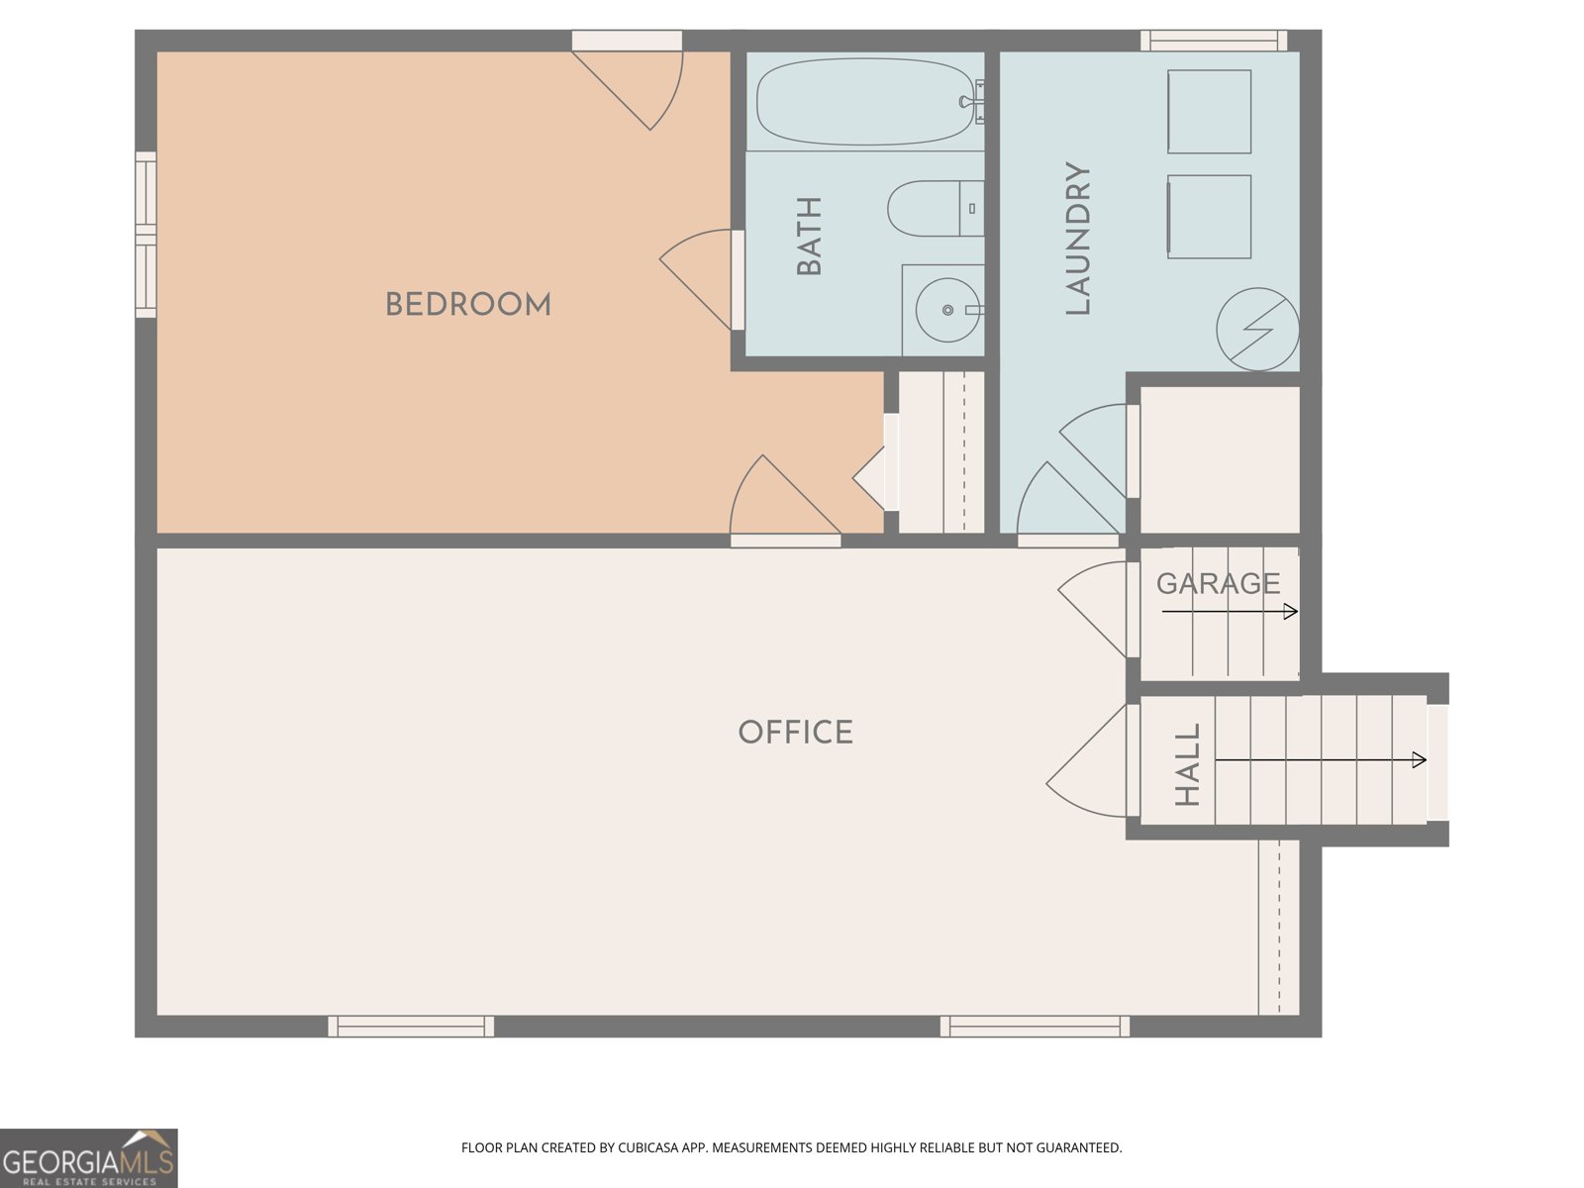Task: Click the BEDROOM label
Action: point(467,304)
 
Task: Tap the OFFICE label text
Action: point(795,733)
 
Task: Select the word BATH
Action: point(809,236)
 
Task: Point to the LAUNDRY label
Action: point(1077,238)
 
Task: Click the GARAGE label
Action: point(1218,583)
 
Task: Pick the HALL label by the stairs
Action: point(1187,764)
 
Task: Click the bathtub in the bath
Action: point(866,102)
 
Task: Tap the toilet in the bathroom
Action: point(936,209)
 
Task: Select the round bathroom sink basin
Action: point(947,310)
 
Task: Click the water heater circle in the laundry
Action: point(1258,330)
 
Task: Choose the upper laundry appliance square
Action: point(1210,111)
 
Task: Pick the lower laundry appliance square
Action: point(1210,217)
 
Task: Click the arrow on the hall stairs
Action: point(1321,759)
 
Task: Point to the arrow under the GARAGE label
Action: point(1230,612)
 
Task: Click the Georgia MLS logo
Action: point(89,1158)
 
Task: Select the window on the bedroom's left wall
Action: point(146,235)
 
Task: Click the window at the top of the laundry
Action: point(1214,41)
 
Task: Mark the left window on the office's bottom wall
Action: point(411,1026)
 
